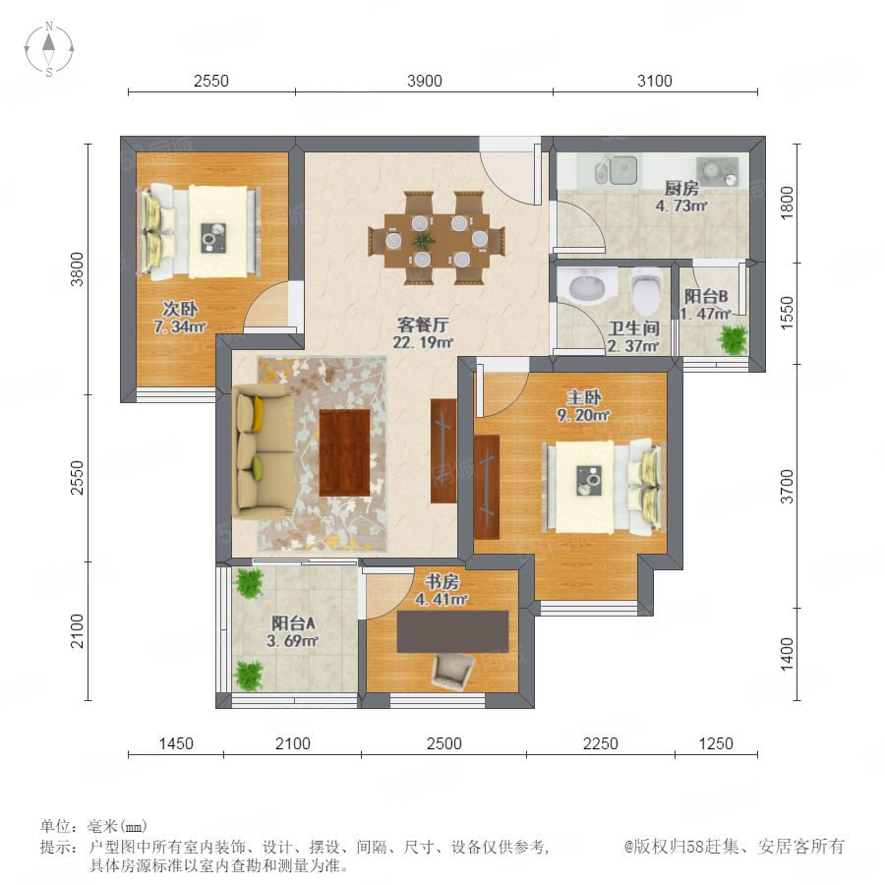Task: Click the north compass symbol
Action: [49, 48]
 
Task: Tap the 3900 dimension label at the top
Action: [425, 81]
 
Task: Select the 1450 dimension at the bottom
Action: [176, 743]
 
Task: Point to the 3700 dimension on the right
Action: [787, 486]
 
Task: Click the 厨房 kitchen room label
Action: [681, 188]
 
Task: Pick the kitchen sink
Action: [616, 170]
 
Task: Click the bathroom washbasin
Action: [587, 285]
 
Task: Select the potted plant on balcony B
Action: [733, 339]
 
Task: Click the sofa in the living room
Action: [262, 451]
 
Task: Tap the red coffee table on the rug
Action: [344, 452]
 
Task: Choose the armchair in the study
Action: [452, 672]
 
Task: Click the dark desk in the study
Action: [452, 631]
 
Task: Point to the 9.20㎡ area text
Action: [583, 415]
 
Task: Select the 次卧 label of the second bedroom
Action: [180, 309]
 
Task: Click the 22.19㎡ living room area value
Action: [423, 342]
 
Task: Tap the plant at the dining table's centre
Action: [423, 241]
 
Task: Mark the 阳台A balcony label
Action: [293, 623]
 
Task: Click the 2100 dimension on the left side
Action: [77, 631]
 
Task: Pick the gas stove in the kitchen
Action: [717, 170]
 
